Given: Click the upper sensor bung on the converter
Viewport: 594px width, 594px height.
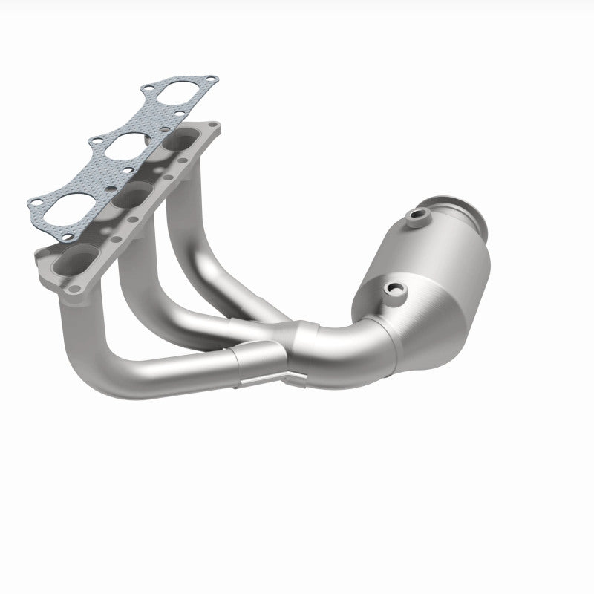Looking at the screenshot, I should point(418,217).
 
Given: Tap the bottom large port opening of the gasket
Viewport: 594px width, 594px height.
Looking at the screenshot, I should point(69,210).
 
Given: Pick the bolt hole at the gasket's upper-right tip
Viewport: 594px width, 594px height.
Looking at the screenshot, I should point(212,79).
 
